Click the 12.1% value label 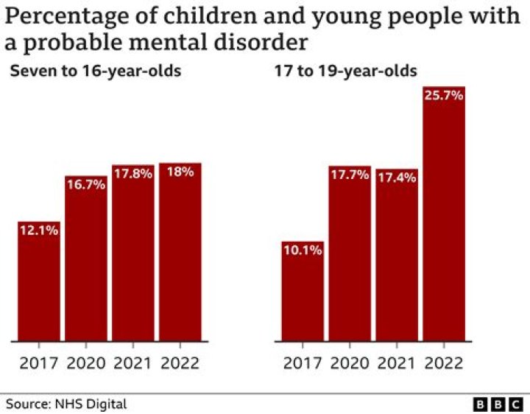tap(38, 231)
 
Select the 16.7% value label tap(86, 185)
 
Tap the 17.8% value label tap(132, 175)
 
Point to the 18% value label tap(180, 172)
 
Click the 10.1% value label tap(302, 250)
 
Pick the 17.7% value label tap(349, 175)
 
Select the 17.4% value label tap(396, 178)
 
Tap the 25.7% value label tap(443, 96)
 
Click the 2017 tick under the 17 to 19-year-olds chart tap(302, 363)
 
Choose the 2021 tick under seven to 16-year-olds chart tap(132, 363)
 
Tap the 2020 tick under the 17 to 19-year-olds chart tap(349, 363)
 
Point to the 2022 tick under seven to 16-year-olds tap(180, 363)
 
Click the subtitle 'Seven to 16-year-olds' tap(95, 71)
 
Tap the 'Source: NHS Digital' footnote tap(67, 404)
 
